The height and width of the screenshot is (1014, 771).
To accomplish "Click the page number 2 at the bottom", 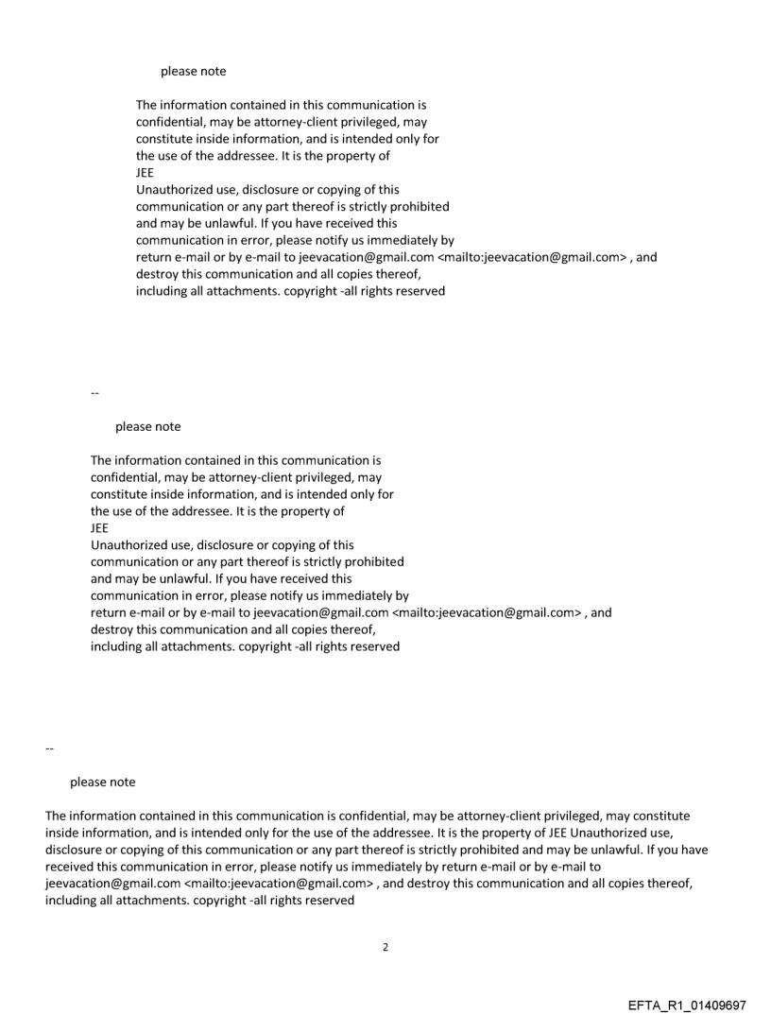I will (x=385, y=946).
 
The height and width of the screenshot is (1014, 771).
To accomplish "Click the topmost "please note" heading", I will (x=193, y=71).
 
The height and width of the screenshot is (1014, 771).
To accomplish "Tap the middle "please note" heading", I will (x=147, y=426).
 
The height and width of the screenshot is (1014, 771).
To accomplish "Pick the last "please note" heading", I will (x=102, y=782).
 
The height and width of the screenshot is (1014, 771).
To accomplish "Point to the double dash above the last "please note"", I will (x=48, y=748).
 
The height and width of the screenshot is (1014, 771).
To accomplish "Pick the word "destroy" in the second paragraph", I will (x=112, y=630).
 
